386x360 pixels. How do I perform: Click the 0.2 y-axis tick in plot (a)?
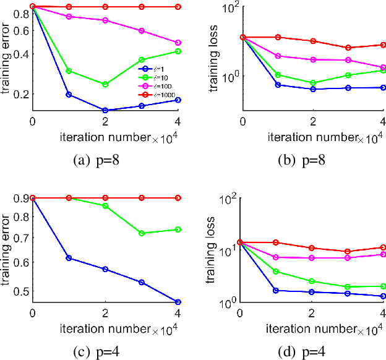[21, 94]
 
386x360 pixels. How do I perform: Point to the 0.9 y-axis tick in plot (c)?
[21, 198]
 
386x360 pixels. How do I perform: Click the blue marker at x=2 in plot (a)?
[105, 110]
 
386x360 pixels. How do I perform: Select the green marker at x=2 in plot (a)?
[105, 84]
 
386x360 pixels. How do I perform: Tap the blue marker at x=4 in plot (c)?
[178, 302]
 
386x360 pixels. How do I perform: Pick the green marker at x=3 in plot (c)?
[142, 233]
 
